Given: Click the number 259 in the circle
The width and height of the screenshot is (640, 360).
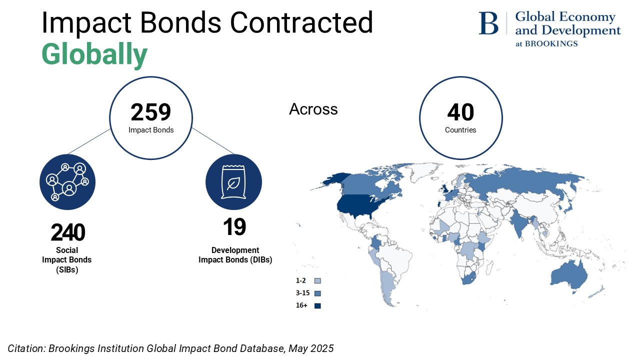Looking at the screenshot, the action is [151, 112].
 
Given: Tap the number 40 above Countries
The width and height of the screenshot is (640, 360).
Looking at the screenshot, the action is [460, 112].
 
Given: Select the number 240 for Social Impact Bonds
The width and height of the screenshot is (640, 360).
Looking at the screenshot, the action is [68, 232].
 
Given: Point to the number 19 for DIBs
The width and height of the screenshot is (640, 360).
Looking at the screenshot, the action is [234, 227].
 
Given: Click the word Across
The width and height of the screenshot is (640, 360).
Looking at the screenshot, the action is [313, 109].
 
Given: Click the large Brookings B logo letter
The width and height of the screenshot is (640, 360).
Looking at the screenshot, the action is [488, 23].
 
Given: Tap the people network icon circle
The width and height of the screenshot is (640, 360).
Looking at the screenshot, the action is [67, 182].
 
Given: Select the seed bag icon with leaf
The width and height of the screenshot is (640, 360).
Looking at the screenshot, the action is [233, 182].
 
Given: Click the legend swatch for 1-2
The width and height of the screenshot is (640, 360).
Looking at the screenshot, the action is [317, 281].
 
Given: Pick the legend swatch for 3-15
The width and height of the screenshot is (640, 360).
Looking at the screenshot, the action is [317, 293].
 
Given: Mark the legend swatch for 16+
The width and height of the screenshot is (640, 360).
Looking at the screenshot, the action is [317, 306].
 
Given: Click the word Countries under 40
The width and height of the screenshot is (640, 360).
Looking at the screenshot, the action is [460, 130].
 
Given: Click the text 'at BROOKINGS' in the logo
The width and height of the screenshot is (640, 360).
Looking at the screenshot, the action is [546, 43].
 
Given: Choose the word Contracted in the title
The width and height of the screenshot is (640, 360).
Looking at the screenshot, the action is [301, 23].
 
